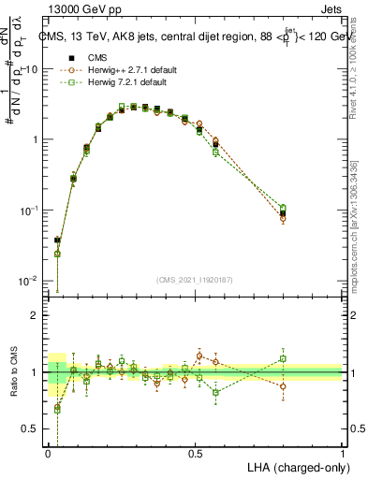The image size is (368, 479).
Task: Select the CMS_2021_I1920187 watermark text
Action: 194,279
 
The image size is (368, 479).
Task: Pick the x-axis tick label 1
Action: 342,453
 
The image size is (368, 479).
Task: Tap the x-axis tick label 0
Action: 48,453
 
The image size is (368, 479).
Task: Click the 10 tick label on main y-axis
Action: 32,69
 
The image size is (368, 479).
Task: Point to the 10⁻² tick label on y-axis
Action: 30,281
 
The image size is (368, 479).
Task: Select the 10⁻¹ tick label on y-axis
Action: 30,210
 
